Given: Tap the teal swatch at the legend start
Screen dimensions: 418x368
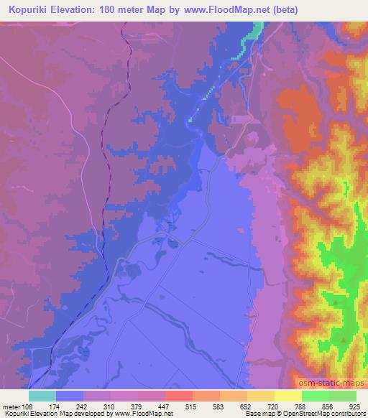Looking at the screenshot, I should tap(42, 396).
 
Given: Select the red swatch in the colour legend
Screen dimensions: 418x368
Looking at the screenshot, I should tap(179, 396).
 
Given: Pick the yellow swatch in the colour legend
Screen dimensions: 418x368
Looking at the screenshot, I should tap(288, 396).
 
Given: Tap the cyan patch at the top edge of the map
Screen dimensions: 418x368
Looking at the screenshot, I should tap(255, 29).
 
